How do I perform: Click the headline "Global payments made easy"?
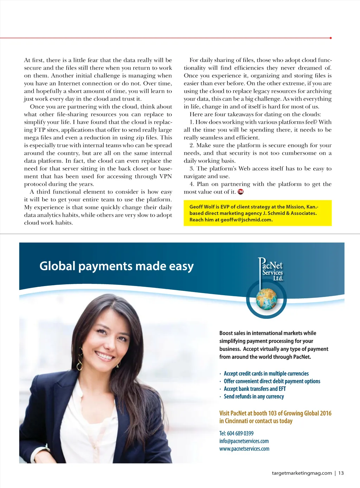click(x=116, y=266)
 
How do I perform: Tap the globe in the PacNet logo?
click(x=266, y=299)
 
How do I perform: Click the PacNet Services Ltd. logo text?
click(x=271, y=270)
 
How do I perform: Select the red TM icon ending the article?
click(x=240, y=192)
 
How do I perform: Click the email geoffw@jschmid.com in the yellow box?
click(x=246, y=220)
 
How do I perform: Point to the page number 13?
click(x=341, y=473)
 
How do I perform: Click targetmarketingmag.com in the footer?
click(x=302, y=473)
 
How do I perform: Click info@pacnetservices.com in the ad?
click(x=244, y=441)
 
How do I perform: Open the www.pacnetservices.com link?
click(x=244, y=449)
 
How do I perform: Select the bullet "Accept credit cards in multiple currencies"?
click(x=266, y=374)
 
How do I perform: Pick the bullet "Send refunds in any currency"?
click(x=254, y=397)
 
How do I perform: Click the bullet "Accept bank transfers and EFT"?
click(x=255, y=389)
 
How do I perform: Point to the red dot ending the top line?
click(x=331, y=38)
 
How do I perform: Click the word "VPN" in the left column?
click(x=166, y=176)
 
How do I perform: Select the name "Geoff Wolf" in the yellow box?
click(x=202, y=207)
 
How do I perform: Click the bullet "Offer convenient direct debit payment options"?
click(x=272, y=381)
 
